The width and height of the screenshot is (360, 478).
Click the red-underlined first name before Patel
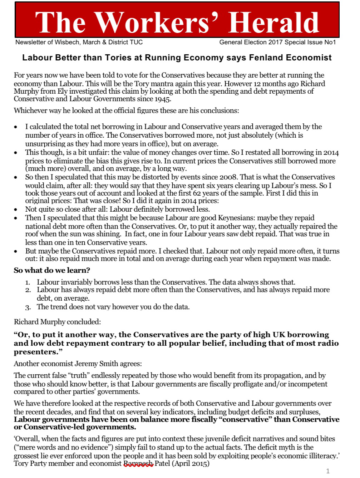click(138, 464)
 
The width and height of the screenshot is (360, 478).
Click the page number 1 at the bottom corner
click(328, 472)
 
